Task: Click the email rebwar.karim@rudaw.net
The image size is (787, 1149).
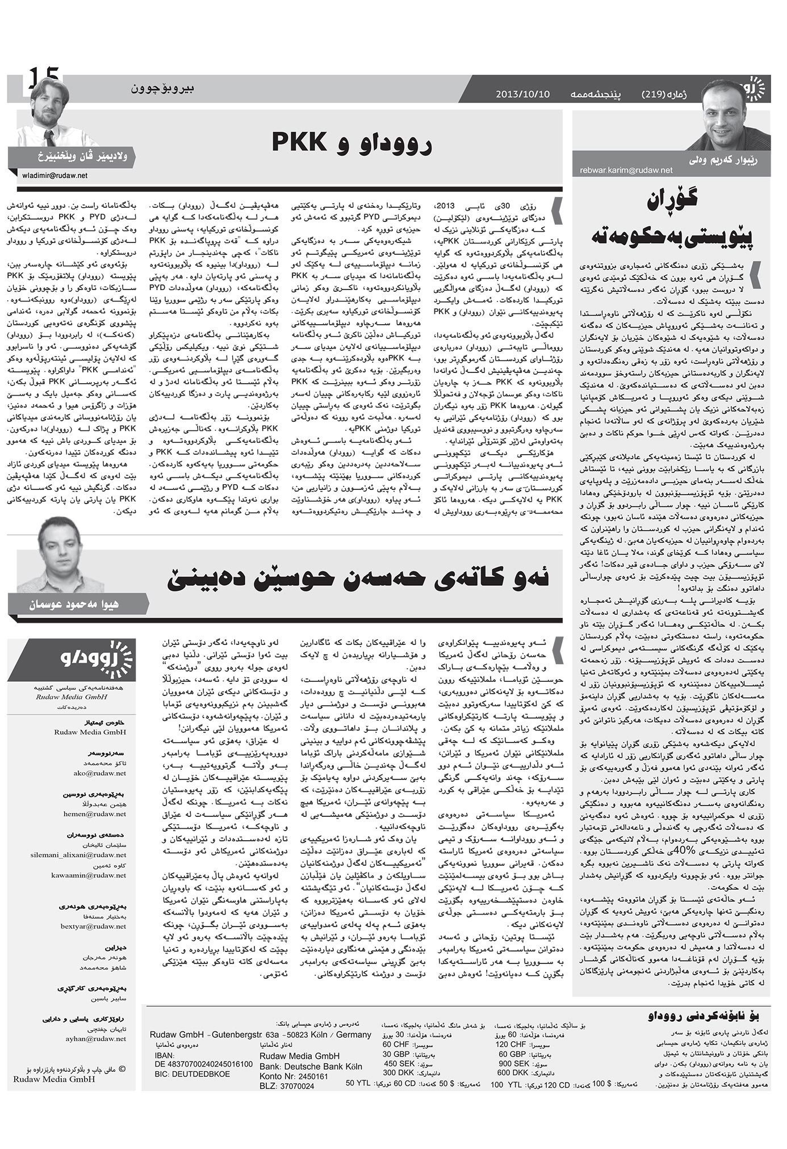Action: pyautogui.click(x=626, y=170)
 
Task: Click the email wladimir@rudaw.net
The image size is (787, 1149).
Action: pyautogui.click(x=55, y=175)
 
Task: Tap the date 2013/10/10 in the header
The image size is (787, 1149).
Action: pyautogui.click(x=522, y=94)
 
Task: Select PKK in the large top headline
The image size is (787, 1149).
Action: pyautogui.click(x=299, y=141)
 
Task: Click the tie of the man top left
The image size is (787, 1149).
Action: pyautogui.click(x=49, y=137)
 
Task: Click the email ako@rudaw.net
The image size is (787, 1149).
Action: pyautogui.click(x=100, y=773)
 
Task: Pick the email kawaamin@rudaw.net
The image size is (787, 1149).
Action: pyautogui.click(x=88, y=875)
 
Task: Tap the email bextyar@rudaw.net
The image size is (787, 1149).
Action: pyautogui.click(x=93, y=926)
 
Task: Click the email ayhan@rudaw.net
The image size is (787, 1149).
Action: pyautogui.click(x=96, y=1038)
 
